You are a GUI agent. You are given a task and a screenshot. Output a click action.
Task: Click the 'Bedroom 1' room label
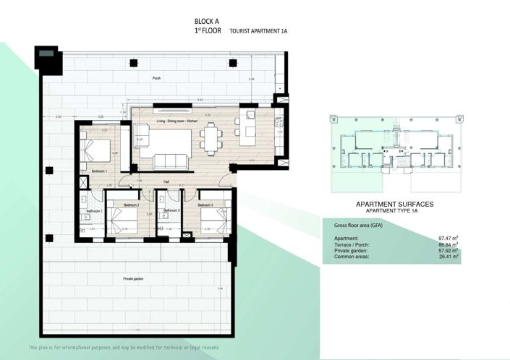click(x=99, y=171)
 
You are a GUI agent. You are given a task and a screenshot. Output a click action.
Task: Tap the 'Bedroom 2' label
click(x=131, y=205)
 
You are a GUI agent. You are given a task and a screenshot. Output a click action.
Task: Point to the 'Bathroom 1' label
click(x=94, y=210)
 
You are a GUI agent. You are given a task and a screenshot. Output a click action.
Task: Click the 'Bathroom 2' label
click(x=171, y=210)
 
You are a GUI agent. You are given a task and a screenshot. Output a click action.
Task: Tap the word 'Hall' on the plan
click(x=166, y=181)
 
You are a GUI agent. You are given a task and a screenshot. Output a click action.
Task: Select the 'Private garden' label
click(x=133, y=278)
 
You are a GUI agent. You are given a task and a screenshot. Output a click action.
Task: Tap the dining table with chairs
click(x=212, y=137)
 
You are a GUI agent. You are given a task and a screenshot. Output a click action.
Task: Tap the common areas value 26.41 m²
click(x=449, y=255)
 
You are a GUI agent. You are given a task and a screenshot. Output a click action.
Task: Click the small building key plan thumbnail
click(x=394, y=153)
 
